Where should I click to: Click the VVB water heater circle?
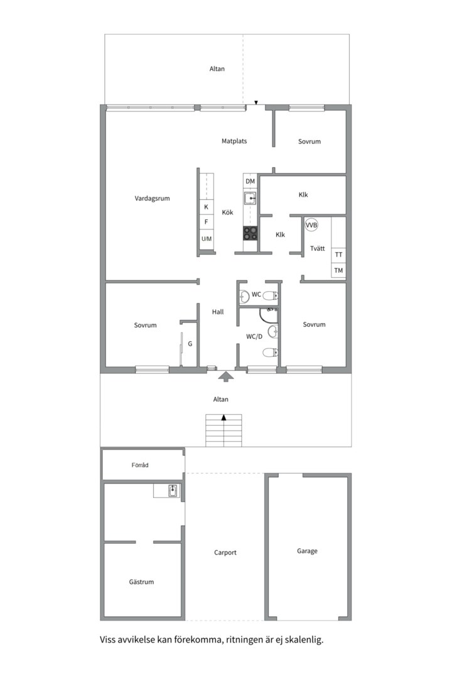pyautogui.click(x=311, y=225)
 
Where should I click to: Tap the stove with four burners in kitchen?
pyautogui.click(x=250, y=233)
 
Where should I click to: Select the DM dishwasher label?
pyautogui.click(x=250, y=182)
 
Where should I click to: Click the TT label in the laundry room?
pyautogui.click(x=339, y=255)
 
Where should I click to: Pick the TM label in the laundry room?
pyautogui.click(x=339, y=270)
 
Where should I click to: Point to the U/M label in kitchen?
pyautogui.click(x=207, y=239)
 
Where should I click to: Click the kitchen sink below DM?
pyautogui.click(x=250, y=199)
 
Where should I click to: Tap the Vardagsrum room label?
pyautogui.click(x=152, y=198)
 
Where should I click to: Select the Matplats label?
pyautogui.click(x=234, y=141)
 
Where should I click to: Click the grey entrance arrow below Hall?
pyautogui.click(x=226, y=376)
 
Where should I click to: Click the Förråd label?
pyautogui.click(x=140, y=465)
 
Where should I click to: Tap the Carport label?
pyautogui.click(x=225, y=553)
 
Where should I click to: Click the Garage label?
pyautogui.click(x=307, y=551)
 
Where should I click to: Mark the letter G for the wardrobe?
pyautogui.click(x=190, y=344)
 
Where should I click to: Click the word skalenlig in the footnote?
pyautogui.click(x=303, y=640)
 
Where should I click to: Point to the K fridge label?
pyautogui.click(x=206, y=207)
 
